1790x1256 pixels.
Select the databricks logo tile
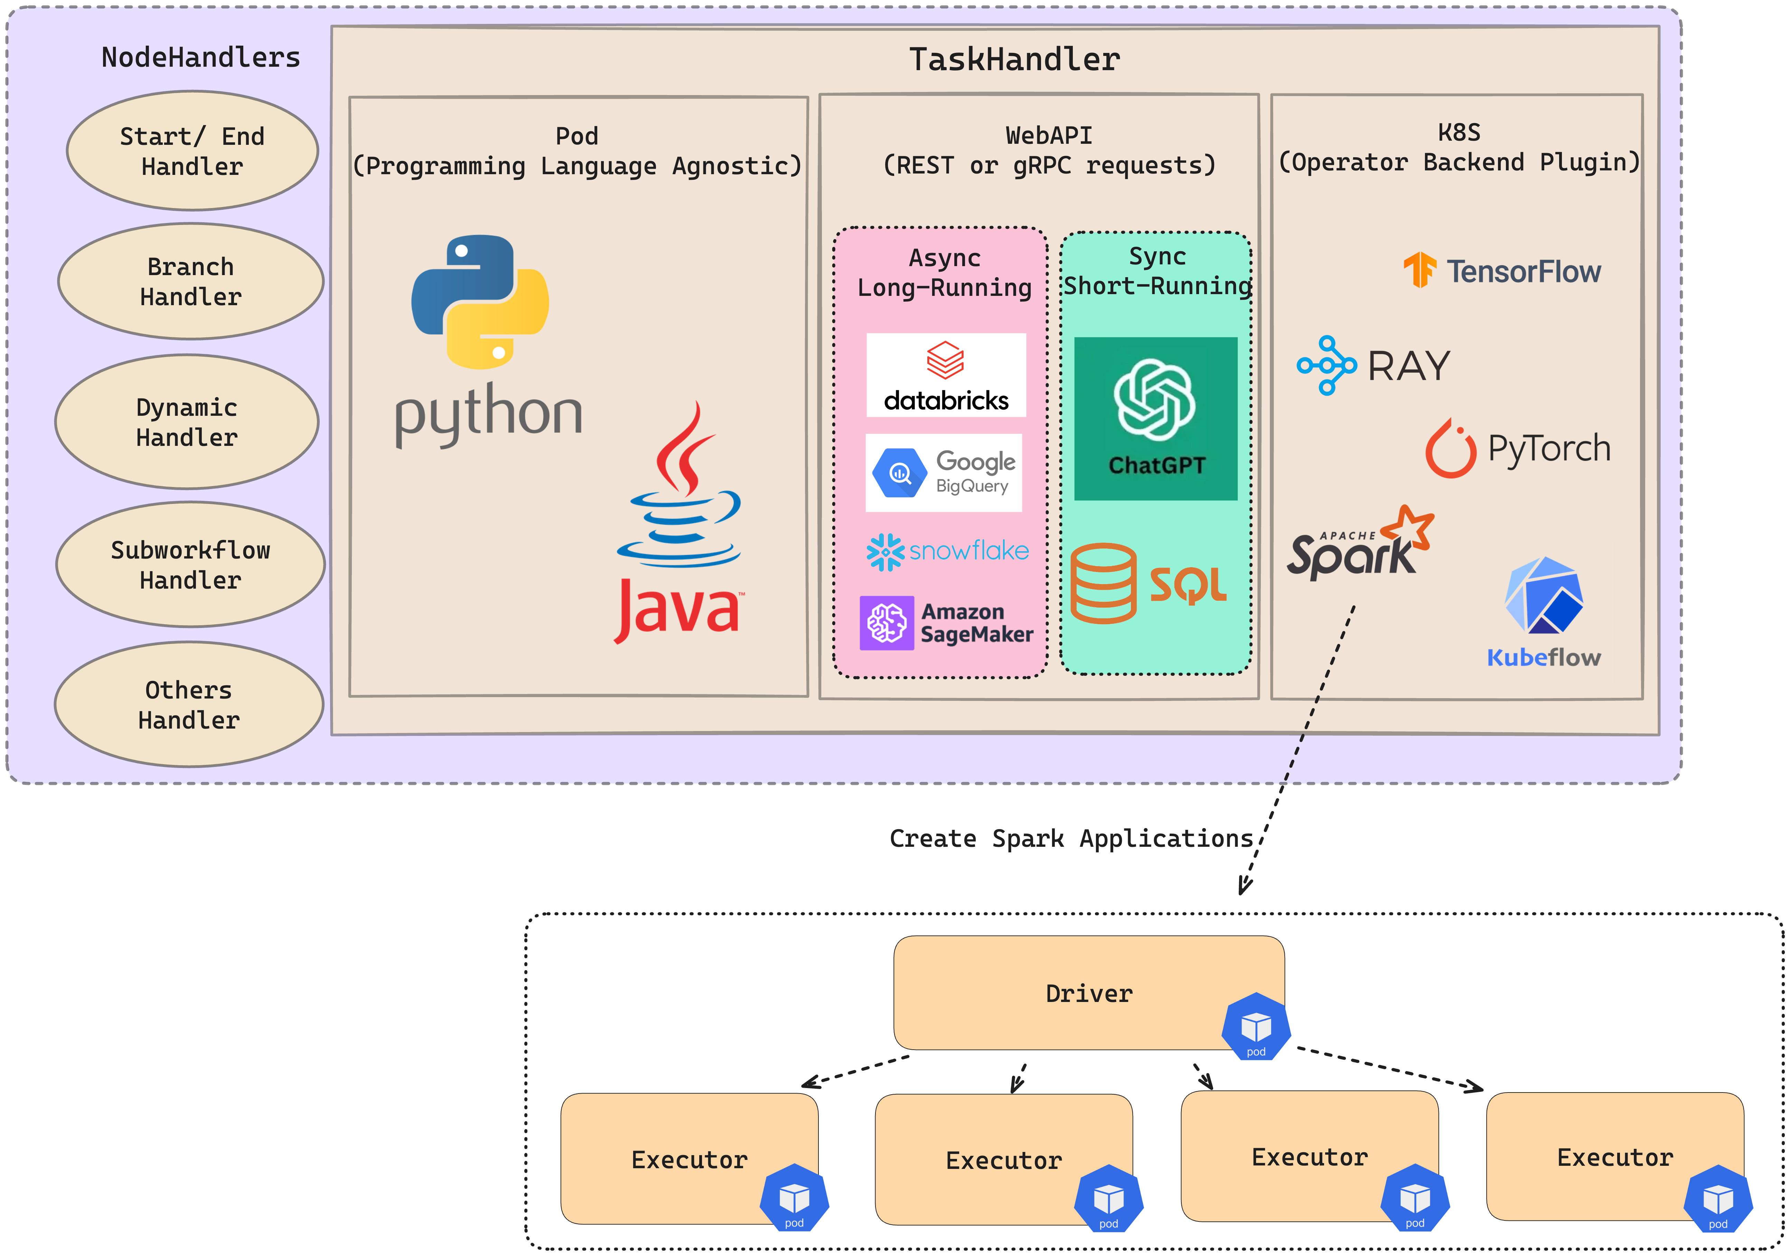[946, 375]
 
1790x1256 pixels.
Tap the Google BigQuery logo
[943, 472]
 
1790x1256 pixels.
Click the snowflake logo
[947, 551]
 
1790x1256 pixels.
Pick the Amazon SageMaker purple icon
[887, 623]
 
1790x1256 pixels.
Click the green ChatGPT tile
[1155, 419]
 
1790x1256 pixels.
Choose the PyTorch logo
[1517, 448]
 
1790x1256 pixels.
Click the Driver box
[1088, 993]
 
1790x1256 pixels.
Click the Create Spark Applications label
[1071, 838]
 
